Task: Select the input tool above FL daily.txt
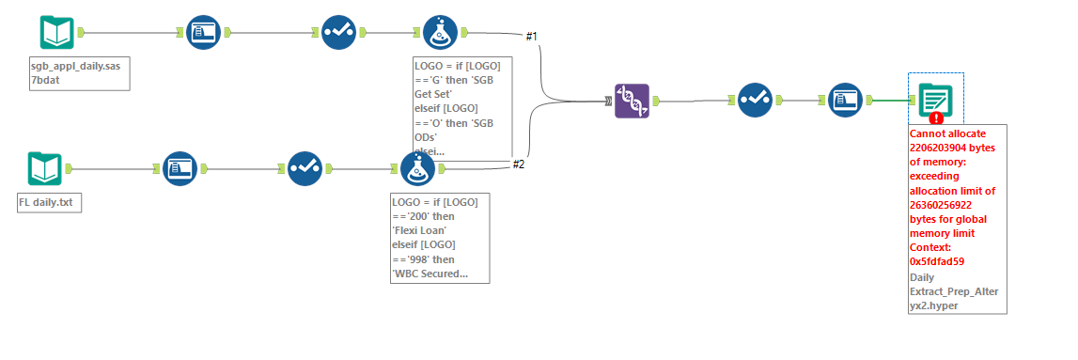click(x=44, y=169)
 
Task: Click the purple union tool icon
click(x=632, y=101)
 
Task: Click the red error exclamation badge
click(x=936, y=117)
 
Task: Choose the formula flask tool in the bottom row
click(x=417, y=169)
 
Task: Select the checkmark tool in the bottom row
click(x=305, y=169)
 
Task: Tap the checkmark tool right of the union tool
click(x=755, y=100)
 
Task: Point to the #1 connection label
click(x=531, y=37)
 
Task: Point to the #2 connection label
click(x=518, y=164)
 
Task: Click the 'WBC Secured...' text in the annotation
click(x=430, y=274)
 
